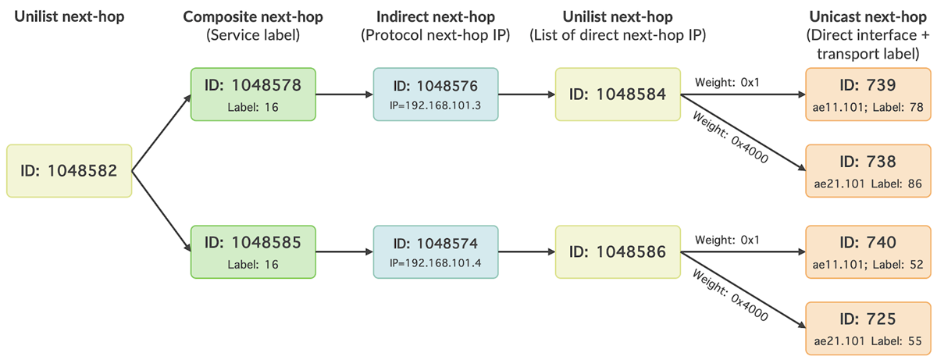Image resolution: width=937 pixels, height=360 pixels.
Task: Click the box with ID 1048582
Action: tap(69, 170)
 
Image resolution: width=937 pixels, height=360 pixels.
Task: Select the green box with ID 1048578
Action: tap(253, 94)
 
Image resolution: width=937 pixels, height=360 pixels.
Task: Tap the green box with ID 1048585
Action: tap(253, 251)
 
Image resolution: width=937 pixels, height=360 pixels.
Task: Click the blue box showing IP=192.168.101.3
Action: tap(435, 94)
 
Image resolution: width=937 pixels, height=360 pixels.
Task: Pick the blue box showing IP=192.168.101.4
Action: tap(435, 251)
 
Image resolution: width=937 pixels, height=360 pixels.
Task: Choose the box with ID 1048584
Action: tap(618, 94)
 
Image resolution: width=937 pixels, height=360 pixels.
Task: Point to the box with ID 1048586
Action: tap(618, 251)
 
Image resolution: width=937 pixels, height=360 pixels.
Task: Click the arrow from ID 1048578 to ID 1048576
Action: tap(344, 95)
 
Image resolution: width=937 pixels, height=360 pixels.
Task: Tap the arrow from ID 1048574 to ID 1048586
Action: tap(526, 252)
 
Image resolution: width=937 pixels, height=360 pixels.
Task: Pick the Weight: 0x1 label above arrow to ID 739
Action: tap(725, 83)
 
